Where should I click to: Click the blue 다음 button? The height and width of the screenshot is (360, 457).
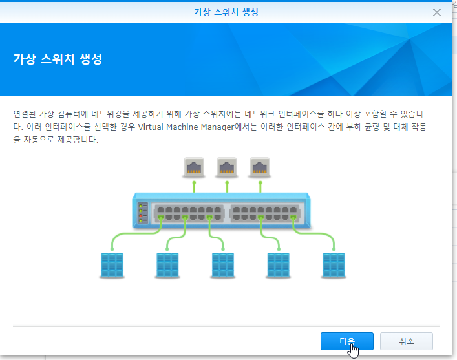pyautogui.click(x=346, y=341)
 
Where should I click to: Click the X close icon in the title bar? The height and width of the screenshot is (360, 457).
pyautogui.click(x=437, y=12)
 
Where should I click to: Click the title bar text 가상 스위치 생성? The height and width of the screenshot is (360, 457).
pyautogui.click(x=228, y=12)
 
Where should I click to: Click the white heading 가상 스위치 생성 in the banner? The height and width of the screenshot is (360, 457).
pyautogui.click(x=58, y=59)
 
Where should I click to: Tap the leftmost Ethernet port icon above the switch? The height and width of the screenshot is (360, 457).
pyautogui.click(x=194, y=167)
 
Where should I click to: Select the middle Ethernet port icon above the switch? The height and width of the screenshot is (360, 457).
pyautogui.click(x=227, y=167)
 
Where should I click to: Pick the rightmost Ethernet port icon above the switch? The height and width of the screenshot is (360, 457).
pyautogui.click(x=260, y=167)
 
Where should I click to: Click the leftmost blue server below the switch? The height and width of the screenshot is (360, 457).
pyautogui.click(x=111, y=264)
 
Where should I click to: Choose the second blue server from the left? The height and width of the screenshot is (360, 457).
pyautogui.click(x=166, y=264)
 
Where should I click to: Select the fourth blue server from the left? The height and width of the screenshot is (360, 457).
pyautogui.click(x=278, y=264)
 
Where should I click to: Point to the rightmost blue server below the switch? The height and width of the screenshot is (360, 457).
pyautogui.click(x=334, y=264)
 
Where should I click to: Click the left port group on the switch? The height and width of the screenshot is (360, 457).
pyautogui.click(x=187, y=213)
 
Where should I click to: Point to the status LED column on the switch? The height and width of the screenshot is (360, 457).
pyautogui.click(x=140, y=213)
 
